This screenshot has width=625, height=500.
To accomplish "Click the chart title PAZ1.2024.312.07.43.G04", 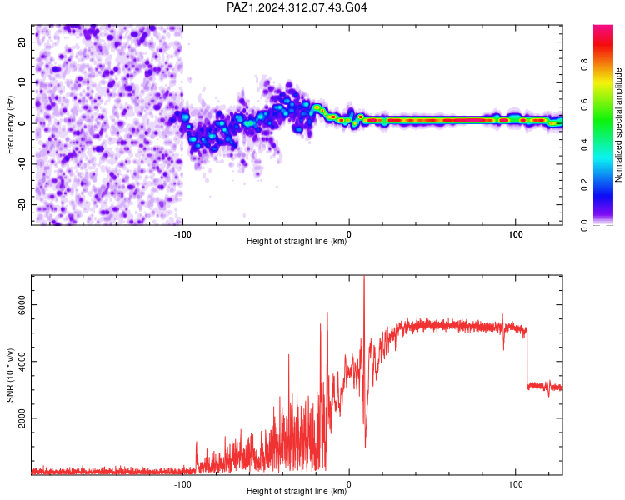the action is tap(297, 7).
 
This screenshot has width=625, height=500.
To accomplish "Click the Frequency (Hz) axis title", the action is tap(10, 125).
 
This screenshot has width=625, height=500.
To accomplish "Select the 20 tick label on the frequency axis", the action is tap(22, 42).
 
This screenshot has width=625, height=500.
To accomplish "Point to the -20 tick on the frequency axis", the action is tap(22, 204).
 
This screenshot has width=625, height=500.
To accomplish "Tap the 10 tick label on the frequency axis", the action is tap(22, 82).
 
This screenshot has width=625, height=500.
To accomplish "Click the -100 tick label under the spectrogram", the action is tap(182, 234).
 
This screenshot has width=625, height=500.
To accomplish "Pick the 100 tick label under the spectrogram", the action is tap(515, 234).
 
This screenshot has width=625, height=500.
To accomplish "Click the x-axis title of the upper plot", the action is tap(297, 241).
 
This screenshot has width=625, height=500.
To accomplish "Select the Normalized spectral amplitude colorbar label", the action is tap(618, 125).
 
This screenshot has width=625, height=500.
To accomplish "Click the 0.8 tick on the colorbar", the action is tap(584, 64).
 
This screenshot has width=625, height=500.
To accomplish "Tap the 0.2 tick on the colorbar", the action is tap(584, 185).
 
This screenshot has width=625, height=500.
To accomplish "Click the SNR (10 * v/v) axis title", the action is tap(10, 375).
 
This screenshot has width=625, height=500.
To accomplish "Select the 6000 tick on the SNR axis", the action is tap(22, 305).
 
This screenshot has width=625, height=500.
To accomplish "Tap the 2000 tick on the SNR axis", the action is tap(22, 417).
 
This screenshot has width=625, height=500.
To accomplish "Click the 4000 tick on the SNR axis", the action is tap(22, 361).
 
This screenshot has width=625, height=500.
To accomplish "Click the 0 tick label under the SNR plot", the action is tap(349, 484).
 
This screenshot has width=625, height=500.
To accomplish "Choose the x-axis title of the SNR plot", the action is tap(297, 491).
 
